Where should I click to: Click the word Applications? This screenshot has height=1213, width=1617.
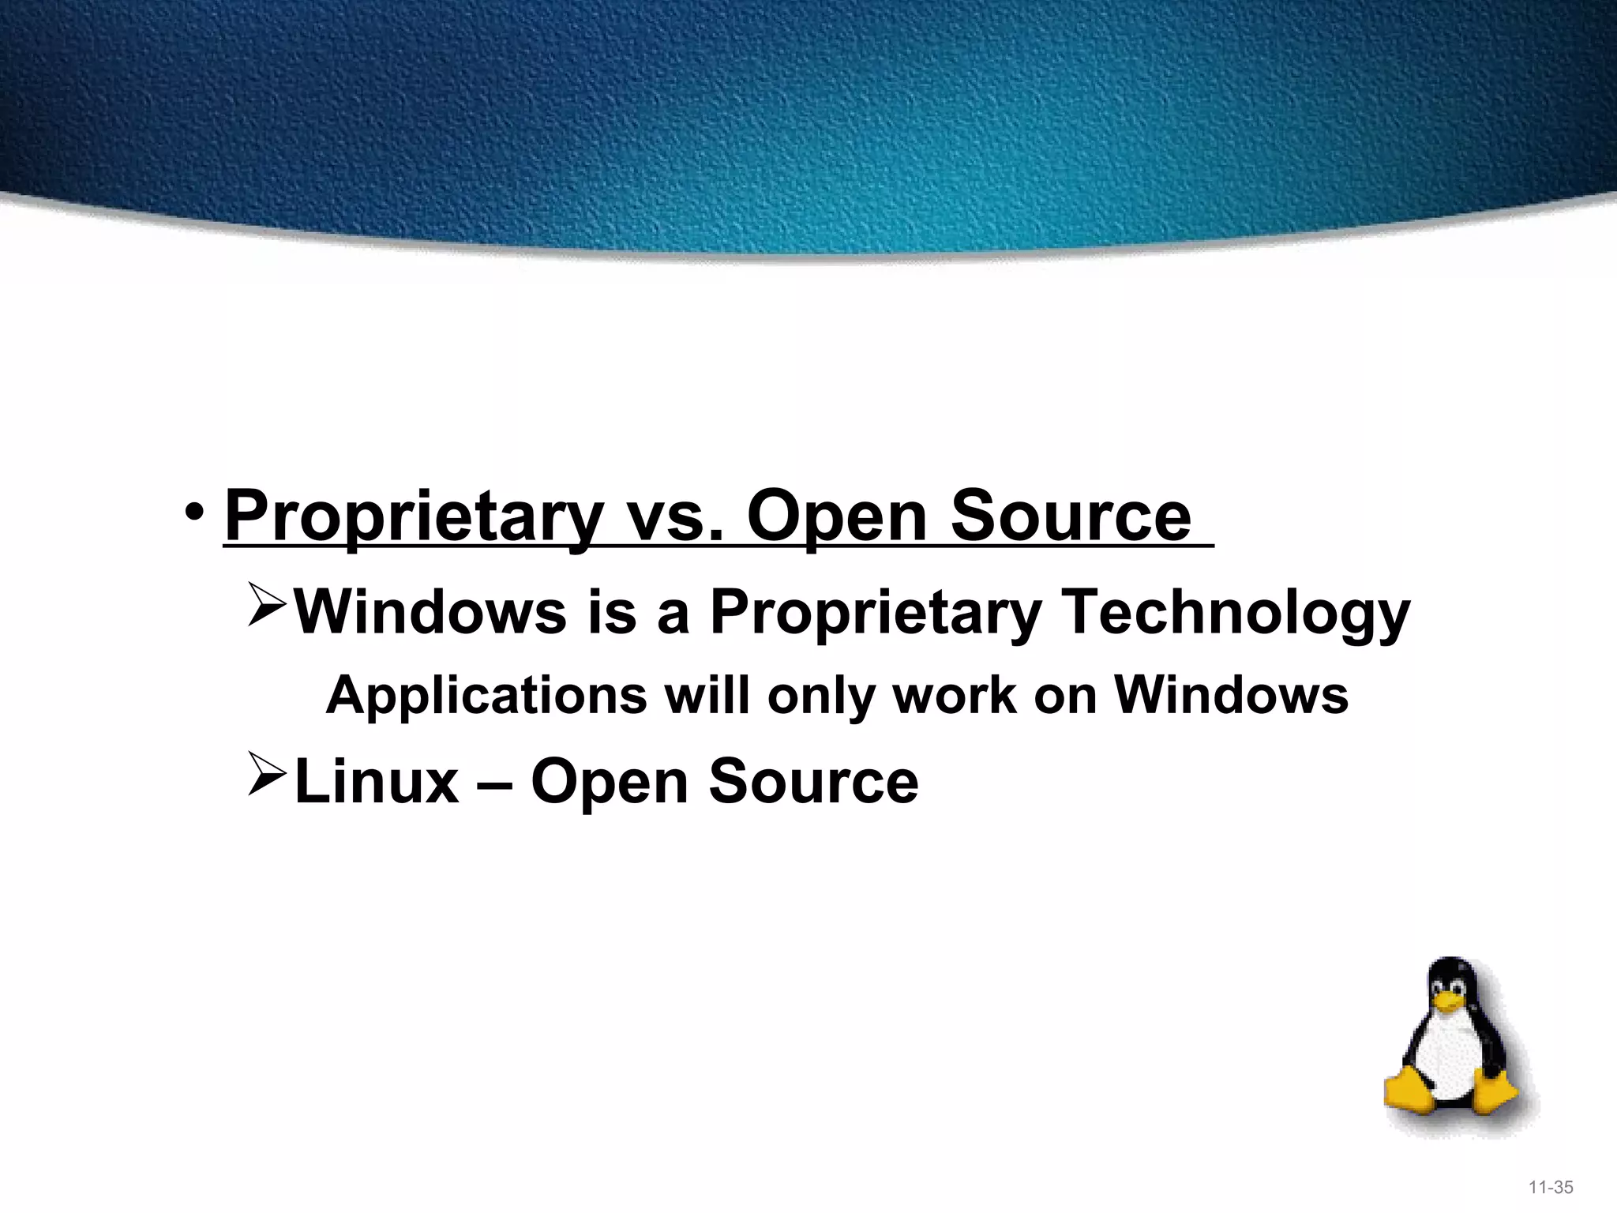click(486, 696)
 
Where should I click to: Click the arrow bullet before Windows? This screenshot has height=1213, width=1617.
click(266, 606)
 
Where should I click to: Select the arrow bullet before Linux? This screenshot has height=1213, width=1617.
click(266, 775)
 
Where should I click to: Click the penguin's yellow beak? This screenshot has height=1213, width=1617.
click(1448, 1002)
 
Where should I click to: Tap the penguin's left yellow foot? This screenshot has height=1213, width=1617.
click(1408, 1090)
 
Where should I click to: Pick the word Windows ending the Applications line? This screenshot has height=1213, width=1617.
click(1231, 696)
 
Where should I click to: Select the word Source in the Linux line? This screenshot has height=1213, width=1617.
click(813, 781)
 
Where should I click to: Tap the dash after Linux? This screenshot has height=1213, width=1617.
click(495, 783)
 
